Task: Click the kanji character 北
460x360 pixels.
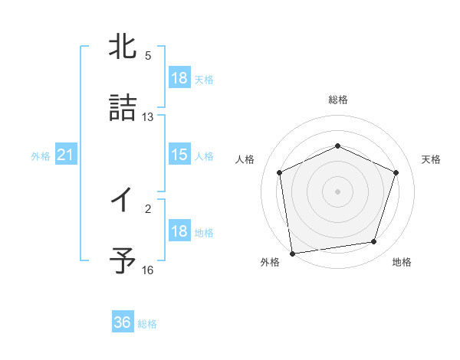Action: point(123,47)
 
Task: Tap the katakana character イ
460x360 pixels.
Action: point(123,201)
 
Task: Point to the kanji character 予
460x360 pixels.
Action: point(123,260)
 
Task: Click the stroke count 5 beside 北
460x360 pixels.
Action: point(148,56)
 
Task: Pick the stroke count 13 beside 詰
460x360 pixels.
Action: point(148,116)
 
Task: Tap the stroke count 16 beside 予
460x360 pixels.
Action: point(148,270)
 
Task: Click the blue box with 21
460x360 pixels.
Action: point(66,155)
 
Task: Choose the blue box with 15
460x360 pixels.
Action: point(179,155)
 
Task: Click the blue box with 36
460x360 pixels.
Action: point(123,322)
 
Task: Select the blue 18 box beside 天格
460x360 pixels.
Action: point(179,78)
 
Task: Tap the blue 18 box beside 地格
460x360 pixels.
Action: point(179,231)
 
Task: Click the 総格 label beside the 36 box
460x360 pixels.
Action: point(148,324)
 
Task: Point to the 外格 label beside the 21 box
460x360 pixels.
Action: point(41,156)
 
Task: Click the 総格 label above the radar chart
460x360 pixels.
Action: point(338,100)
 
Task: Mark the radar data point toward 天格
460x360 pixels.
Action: point(396,172)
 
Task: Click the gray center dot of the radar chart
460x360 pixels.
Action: point(338,191)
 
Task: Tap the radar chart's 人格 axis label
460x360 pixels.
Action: point(245,159)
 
